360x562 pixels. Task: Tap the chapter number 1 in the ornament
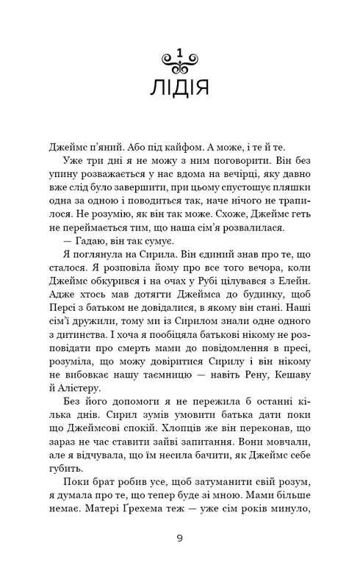pyautogui.click(x=180, y=53)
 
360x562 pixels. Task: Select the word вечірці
pyautogui.click(x=233, y=176)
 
